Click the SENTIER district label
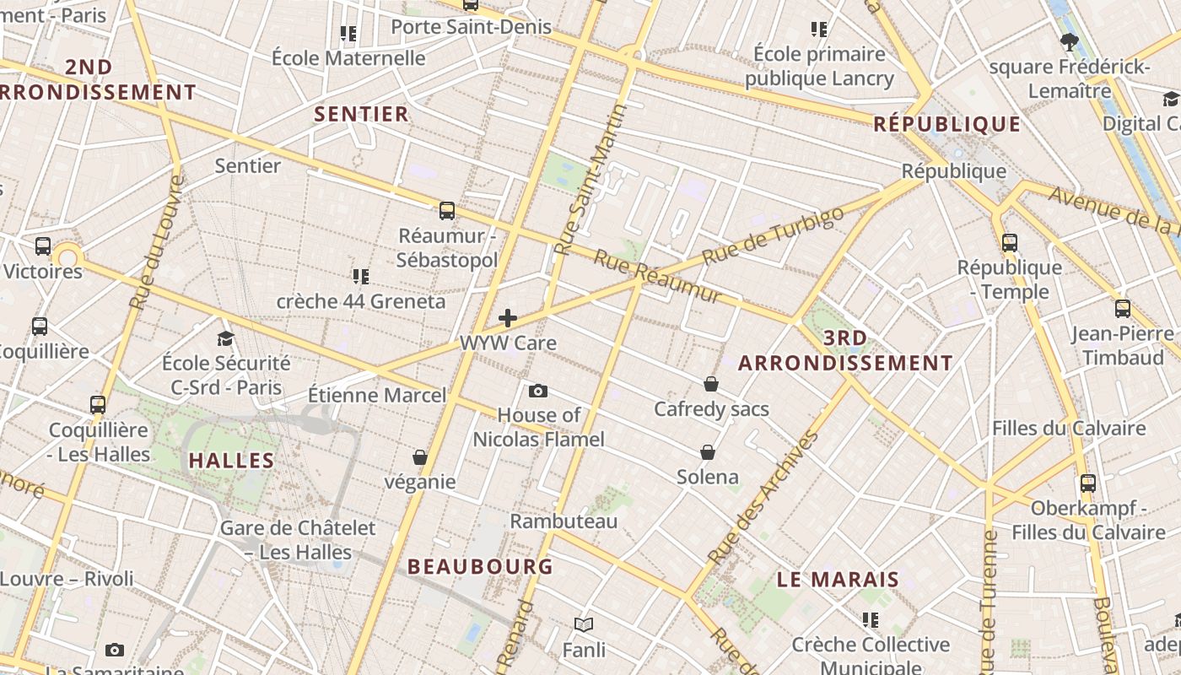coord(361,114)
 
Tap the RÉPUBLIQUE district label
coord(946,125)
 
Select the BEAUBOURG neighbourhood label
coord(480,566)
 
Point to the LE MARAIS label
coord(838,580)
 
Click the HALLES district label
coord(231,461)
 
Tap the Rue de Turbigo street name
coord(773,235)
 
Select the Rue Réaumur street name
coord(658,277)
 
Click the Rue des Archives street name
coord(764,498)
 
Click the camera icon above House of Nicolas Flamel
coord(538,391)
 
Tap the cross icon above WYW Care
coord(508,318)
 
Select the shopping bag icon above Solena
coord(708,452)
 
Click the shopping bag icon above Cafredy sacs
coord(711,384)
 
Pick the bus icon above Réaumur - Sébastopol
coord(447,211)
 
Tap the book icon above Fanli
coord(584,624)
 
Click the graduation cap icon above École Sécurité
coord(225,338)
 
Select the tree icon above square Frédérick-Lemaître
coord(1070,41)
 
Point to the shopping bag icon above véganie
coord(419,457)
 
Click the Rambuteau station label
coord(564,521)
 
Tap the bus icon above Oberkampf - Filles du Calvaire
coord(1088,483)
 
